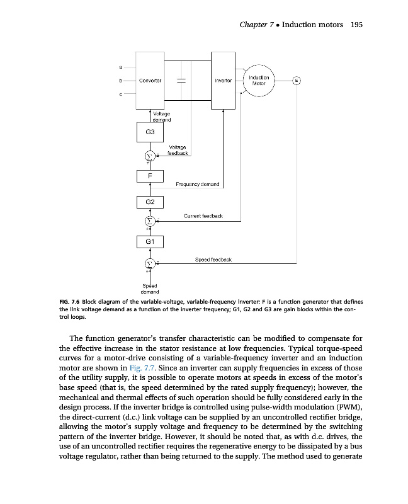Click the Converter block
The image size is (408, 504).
tap(150, 81)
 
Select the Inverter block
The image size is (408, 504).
tap(224, 81)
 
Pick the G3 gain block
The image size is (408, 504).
tap(150, 133)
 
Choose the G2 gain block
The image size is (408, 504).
tap(150, 202)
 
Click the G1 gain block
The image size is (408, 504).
tap(150, 241)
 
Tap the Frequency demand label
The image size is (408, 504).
tap(197, 185)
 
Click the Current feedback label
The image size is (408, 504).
tap(203, 216)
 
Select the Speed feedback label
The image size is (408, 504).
tap(214, 259)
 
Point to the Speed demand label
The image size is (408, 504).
tap(150, 289)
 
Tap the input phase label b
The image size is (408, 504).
tap(120, 81)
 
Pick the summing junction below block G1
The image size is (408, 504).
tap(150, 263)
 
